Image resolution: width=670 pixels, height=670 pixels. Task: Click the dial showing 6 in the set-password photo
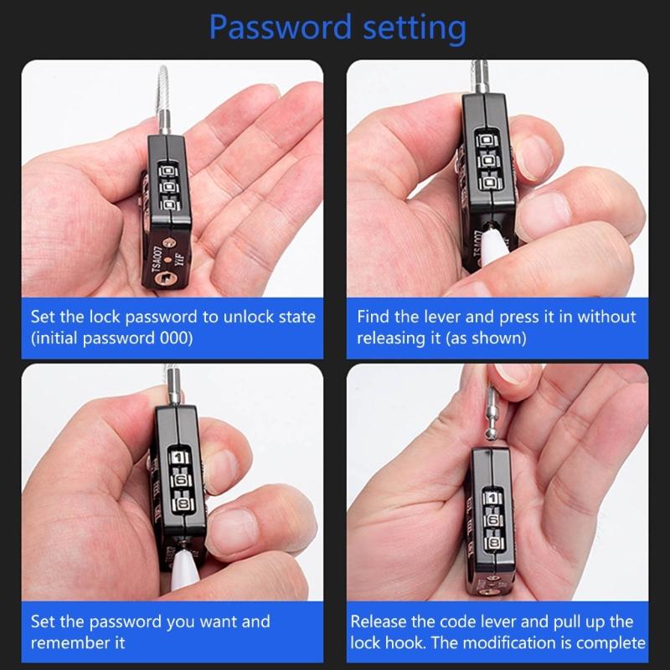179,483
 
